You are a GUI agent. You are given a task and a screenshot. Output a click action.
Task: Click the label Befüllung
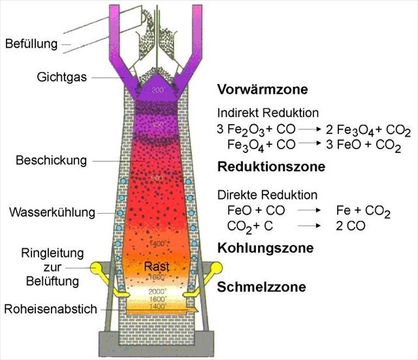pos(31,44)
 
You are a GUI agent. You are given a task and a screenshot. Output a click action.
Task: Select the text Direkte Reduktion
pos(267,195)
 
